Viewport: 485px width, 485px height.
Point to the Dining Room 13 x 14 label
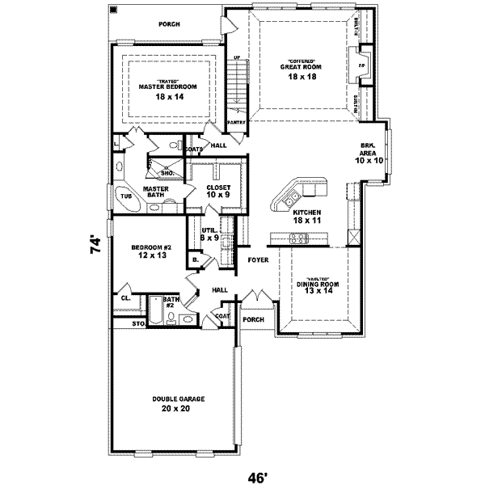point(316,286)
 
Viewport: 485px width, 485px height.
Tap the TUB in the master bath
point(126,196)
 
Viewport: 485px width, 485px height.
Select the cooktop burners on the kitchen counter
point(298,238)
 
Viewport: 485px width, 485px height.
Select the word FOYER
point(257,261)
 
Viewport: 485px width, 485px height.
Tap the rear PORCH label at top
point(169,24)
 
